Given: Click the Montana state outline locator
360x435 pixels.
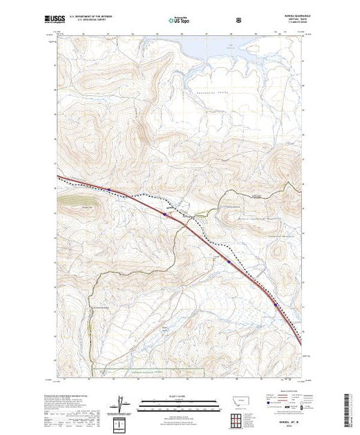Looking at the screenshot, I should (238, 400).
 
